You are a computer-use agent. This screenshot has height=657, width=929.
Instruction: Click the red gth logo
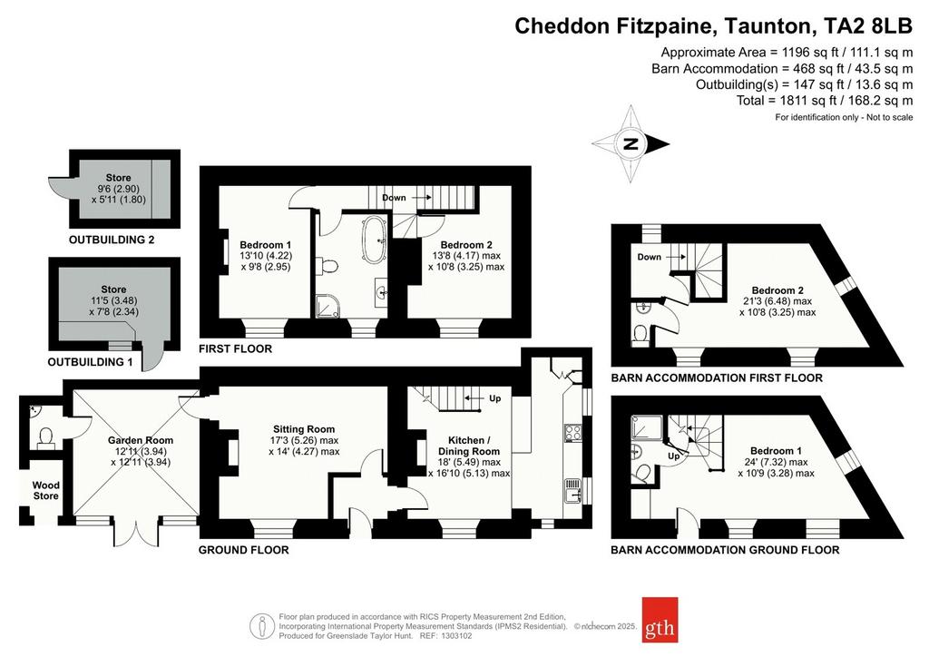(660, 620)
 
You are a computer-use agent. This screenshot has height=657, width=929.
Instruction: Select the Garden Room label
(141, 440)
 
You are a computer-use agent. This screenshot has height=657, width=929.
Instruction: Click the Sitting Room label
(304, 429)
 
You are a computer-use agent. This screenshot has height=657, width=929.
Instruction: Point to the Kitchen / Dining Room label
(469, 446)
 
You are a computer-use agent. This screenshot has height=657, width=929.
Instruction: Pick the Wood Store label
(45, 490)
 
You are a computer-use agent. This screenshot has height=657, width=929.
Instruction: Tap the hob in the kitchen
(573, 433)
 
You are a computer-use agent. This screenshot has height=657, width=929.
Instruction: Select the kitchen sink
(573, 490)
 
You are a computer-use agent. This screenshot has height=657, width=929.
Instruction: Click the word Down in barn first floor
(650, 257)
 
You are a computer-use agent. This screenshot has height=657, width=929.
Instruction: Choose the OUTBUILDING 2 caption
(112, 240)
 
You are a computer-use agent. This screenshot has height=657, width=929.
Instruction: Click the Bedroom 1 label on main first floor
(266, 245)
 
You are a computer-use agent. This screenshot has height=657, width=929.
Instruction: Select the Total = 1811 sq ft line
(825, 101)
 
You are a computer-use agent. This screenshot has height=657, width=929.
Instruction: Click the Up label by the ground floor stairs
(495, 398)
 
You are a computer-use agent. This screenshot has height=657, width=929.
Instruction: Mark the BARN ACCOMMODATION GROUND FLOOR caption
(725, 550)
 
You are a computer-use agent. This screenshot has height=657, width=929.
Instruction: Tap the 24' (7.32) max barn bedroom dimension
(777, 462)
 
